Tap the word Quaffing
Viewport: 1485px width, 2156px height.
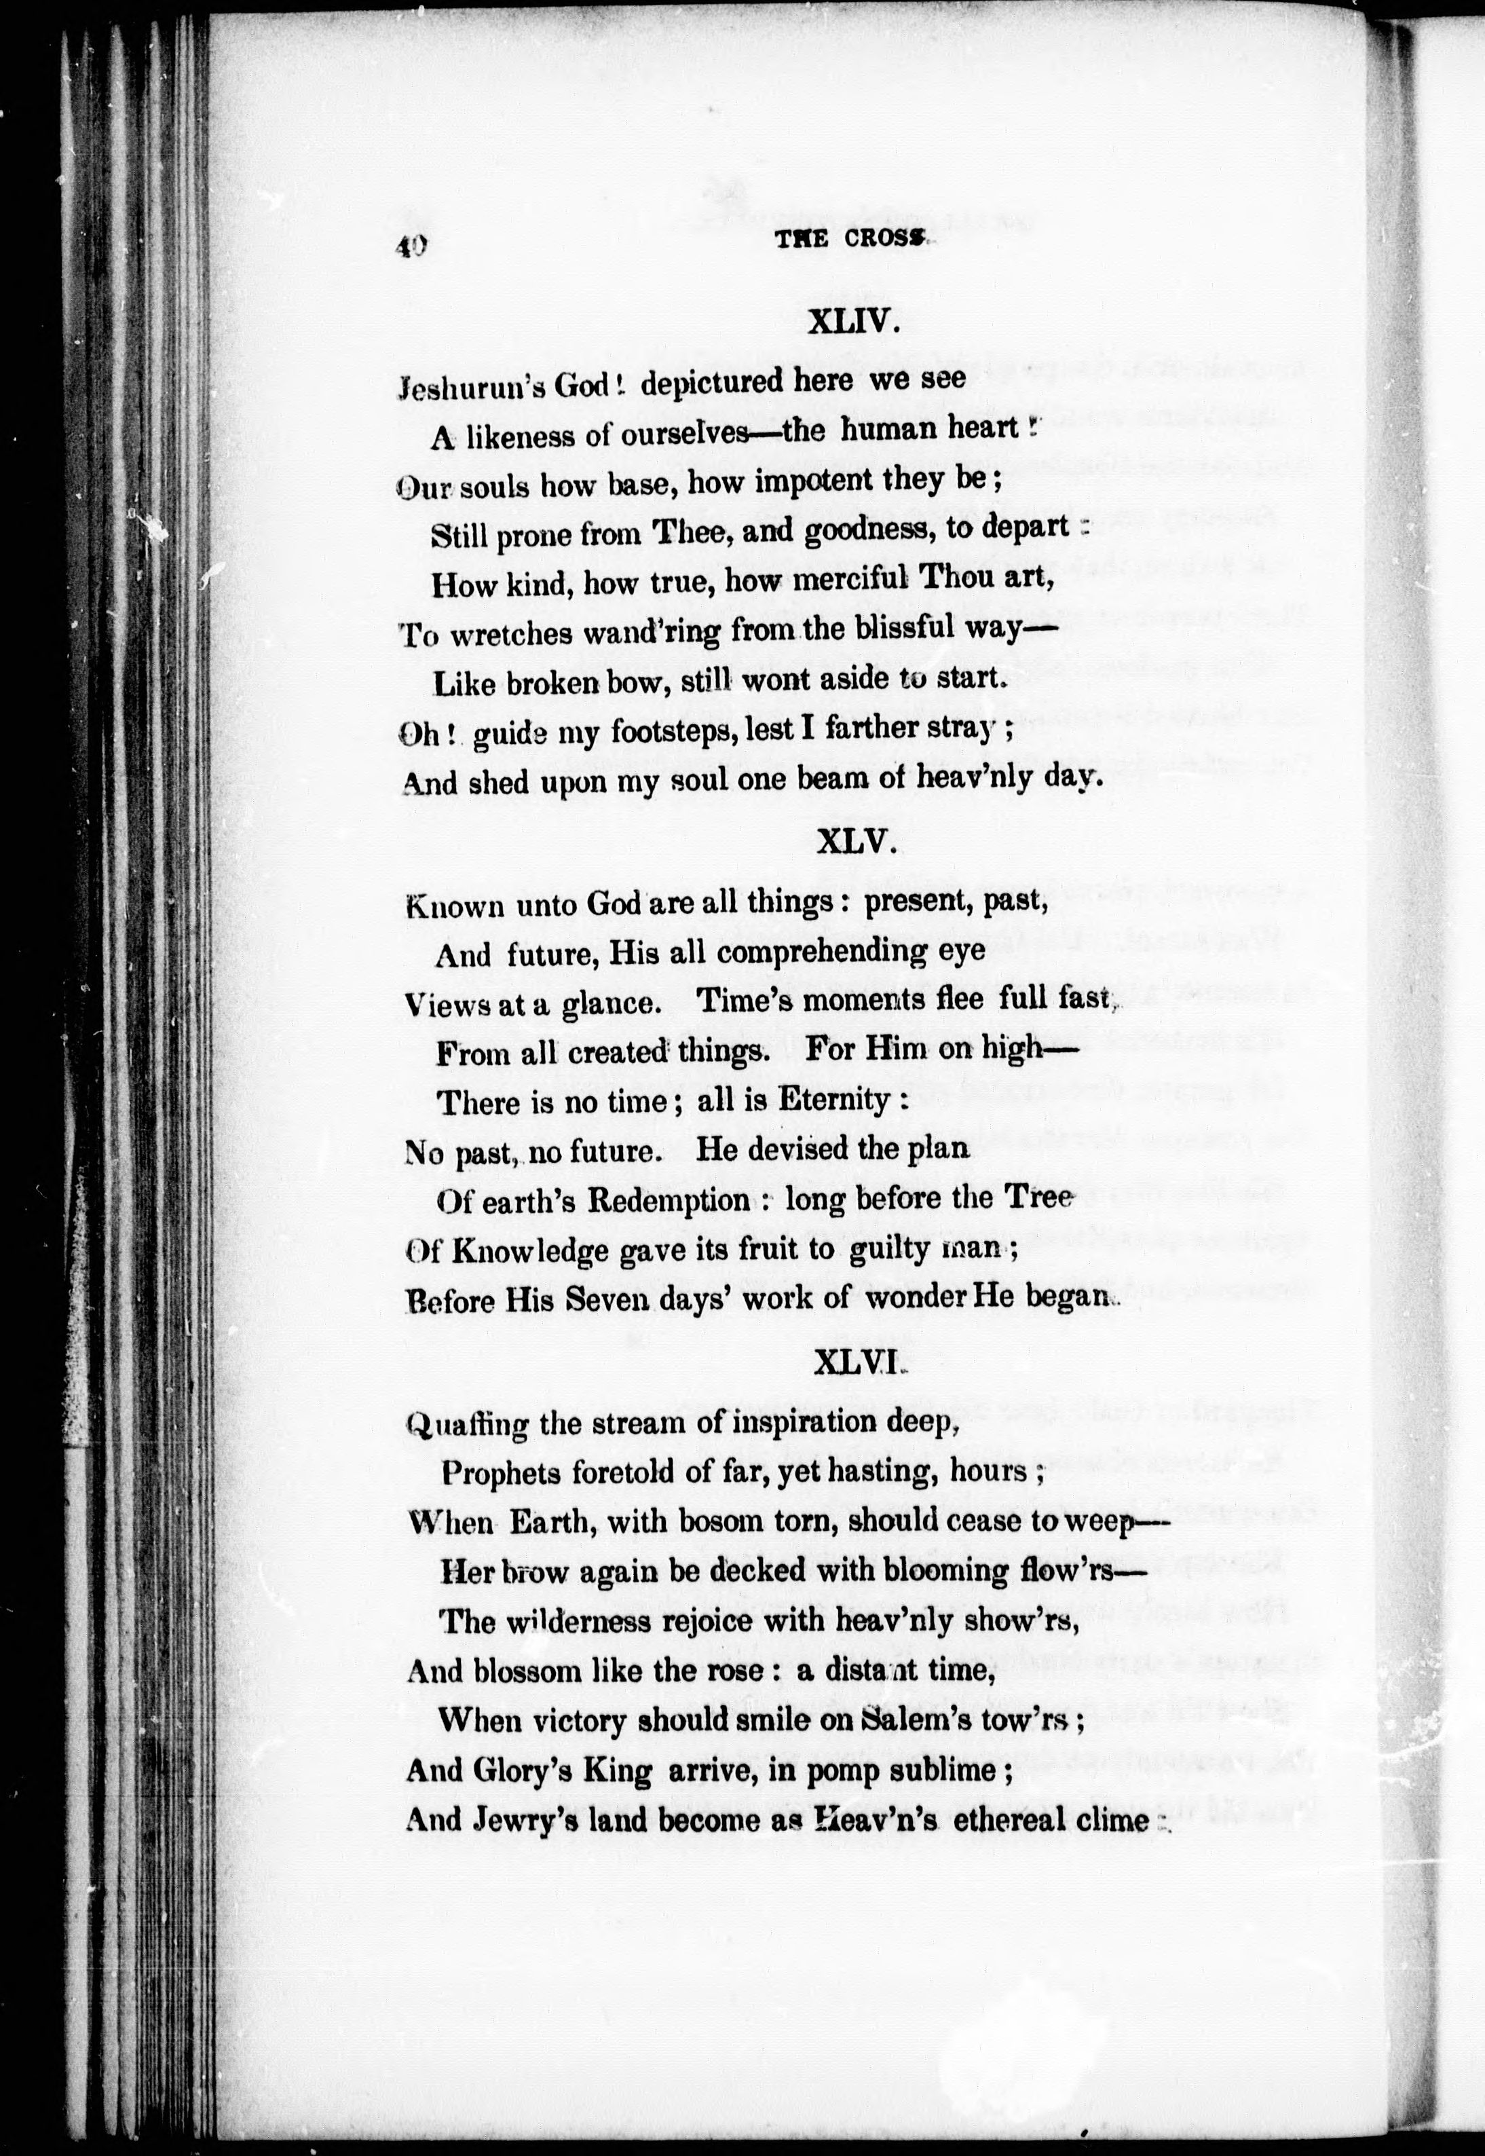click(470, 1424)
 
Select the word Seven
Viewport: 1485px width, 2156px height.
click(595, 1300)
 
